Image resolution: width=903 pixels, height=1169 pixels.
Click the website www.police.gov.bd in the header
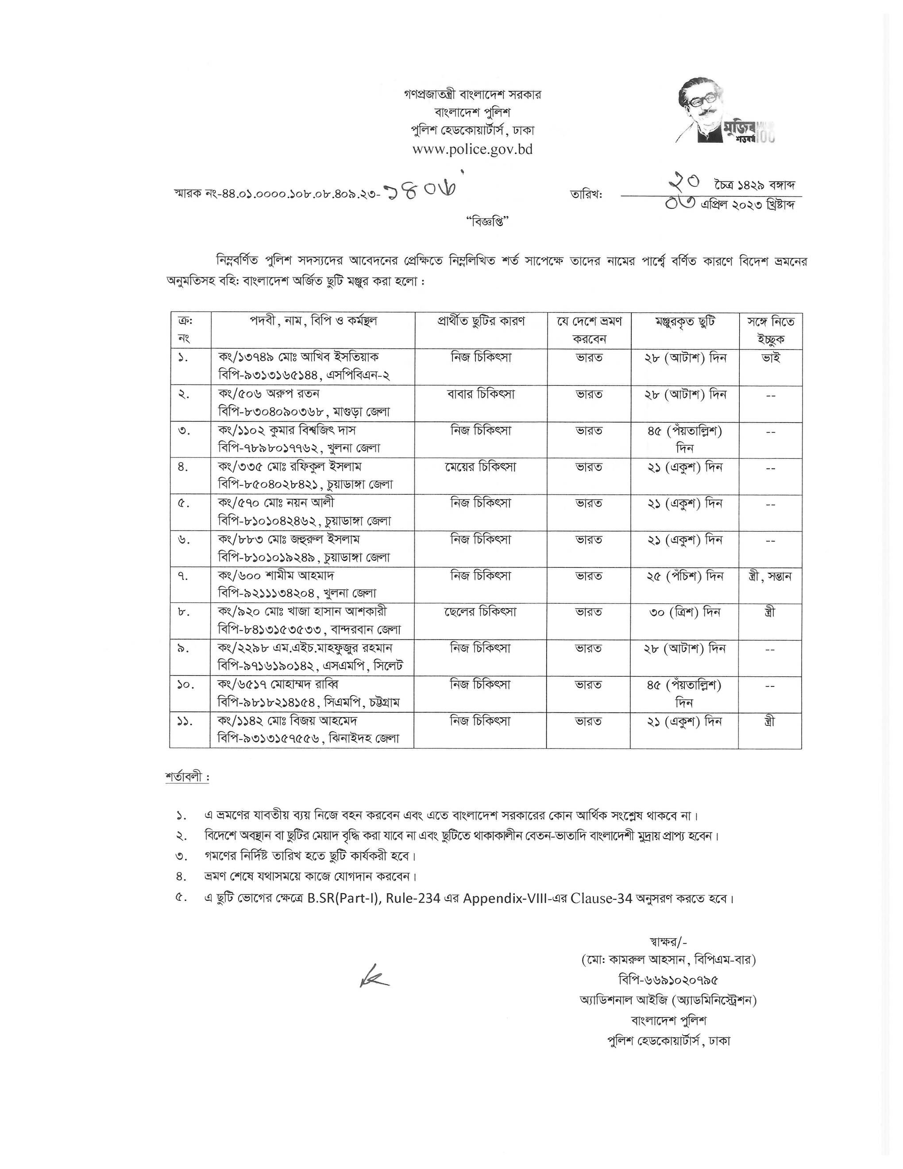pos(472,149)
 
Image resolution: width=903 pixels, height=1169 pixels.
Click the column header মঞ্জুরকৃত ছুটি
pos(685,321)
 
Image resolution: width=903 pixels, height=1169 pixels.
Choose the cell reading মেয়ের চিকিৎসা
pos(480,467)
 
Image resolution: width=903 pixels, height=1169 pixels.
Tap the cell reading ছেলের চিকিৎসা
pos(480,611)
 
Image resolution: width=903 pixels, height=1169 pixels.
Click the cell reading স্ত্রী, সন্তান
pos(770,576)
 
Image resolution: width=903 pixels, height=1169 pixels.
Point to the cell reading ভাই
pos(770,357)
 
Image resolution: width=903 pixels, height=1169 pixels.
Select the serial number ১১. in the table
pos(185,721)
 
